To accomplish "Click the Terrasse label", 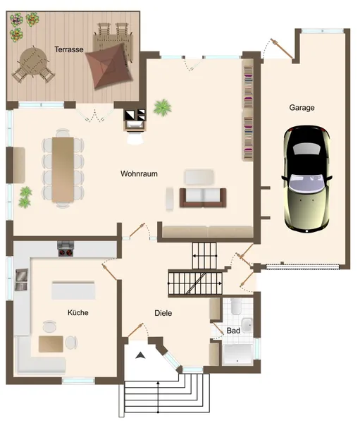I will pyautogui.click(x=70, y=49).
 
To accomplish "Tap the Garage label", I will pyautogui.click(x=302, y=108).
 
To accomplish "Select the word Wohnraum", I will pyautogui.click(x=138, y=173).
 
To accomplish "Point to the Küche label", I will pyautogui.click(x=78, y=312).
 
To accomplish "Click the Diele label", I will pyautogui.click(x=163, y=313).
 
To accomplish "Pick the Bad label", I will pyautogui.click(x=233, y=330).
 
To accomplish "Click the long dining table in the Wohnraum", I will pyautogui.click(x=61, y=169).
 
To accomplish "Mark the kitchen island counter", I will pyautogui.click(x=73, y=290).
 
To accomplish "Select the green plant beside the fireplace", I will pyautogui.click(x=163, y=108).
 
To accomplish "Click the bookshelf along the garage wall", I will pyautogui.click(x=247, y=109).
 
